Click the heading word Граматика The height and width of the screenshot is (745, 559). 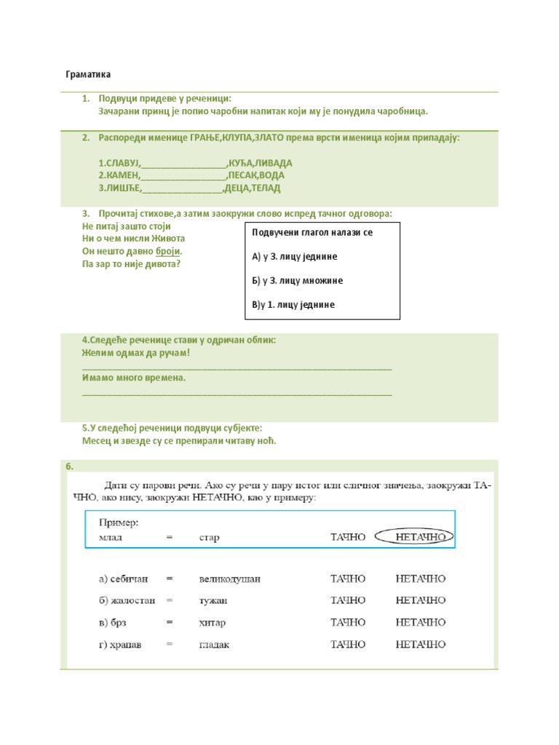[88, 75]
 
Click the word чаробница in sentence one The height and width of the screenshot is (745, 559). [399, 111]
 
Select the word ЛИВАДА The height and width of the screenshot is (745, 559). [272, 164]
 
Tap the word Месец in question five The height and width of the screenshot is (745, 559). [97, 441]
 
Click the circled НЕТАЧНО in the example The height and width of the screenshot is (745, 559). [421, 538]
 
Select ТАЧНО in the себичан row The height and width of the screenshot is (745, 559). [348, 579]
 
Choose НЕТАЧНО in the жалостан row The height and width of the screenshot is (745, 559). [421, 601]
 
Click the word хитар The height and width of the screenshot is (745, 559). [213, 623]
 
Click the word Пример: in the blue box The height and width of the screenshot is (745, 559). [119, 522]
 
